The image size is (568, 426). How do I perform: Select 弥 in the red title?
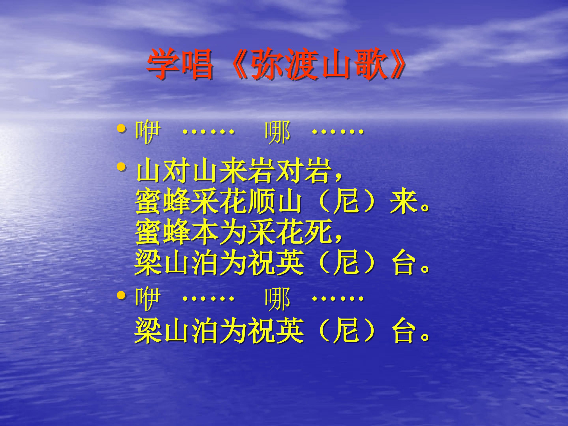[267, 64]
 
